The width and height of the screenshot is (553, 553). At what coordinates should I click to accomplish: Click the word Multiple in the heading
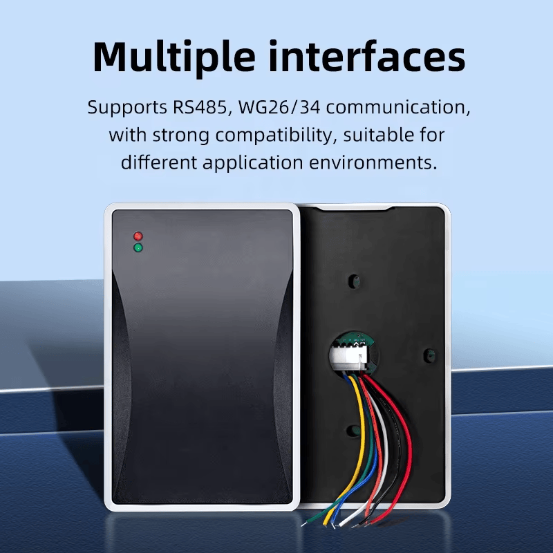pyautogui.click(x=174, y=57)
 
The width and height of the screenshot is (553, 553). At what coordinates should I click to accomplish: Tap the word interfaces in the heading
pyautogui.click(x=367, y=56)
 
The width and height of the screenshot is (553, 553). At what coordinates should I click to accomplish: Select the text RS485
pyautogui.click(x=199, y=107)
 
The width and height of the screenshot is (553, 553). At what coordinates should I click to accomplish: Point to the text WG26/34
pyautogui.click(x=279, y=107)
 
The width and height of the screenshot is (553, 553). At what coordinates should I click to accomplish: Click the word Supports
pyautogui.click(x=127, y=108)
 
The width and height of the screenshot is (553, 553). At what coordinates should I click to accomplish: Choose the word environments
pyautogui.click(x=373, y=162)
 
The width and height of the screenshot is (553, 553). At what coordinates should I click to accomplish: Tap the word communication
pyautogui.click(x=398, y=107)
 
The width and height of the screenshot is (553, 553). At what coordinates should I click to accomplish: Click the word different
pyautogui.click(x=159, y=162)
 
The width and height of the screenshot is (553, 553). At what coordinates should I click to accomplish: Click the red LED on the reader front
pyautogui.click(x=138, y=236)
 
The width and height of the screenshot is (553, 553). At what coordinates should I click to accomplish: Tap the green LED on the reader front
pyautogui.click(x=138, y=247)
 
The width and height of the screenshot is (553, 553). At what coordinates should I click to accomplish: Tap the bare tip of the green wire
pyautogui.click(x=306, y=523)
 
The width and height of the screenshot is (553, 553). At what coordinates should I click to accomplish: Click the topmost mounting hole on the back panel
pyautogui.click(x=354, y=281)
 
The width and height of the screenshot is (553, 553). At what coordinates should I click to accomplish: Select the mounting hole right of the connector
pyautogui.click(x=429, y=354)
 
